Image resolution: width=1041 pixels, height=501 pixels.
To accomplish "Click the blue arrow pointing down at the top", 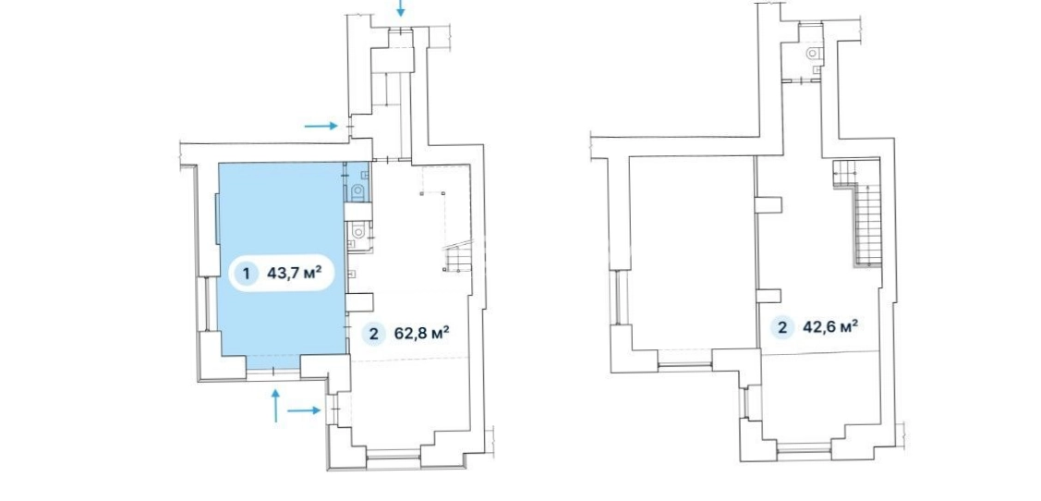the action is click(x=400, y=8).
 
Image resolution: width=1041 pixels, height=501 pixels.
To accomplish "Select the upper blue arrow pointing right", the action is click(x=321, y=126).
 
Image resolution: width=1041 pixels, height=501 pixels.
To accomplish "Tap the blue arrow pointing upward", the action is click(x=275, y=406).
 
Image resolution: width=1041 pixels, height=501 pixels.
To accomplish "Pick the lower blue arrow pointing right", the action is click(x=304, y=411).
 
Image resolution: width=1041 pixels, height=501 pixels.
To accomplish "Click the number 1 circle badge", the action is click(x=247, y=273).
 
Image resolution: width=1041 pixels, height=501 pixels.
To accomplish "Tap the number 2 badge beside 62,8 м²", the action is click(x=373, y=335).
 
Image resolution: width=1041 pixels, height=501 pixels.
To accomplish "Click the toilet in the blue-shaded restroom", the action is click(x=358, y=192).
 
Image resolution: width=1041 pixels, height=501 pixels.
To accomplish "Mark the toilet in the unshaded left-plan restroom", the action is click(x=358, y=230).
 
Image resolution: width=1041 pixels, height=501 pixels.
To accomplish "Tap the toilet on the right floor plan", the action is click(x=814, y=53).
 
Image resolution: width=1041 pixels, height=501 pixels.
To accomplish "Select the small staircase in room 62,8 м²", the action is click(x=457, y=256).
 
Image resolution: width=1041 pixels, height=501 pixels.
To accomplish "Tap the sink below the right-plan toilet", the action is click(x=816, y=67).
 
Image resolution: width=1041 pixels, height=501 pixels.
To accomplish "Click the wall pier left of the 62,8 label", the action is click(x=359, y=302).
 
